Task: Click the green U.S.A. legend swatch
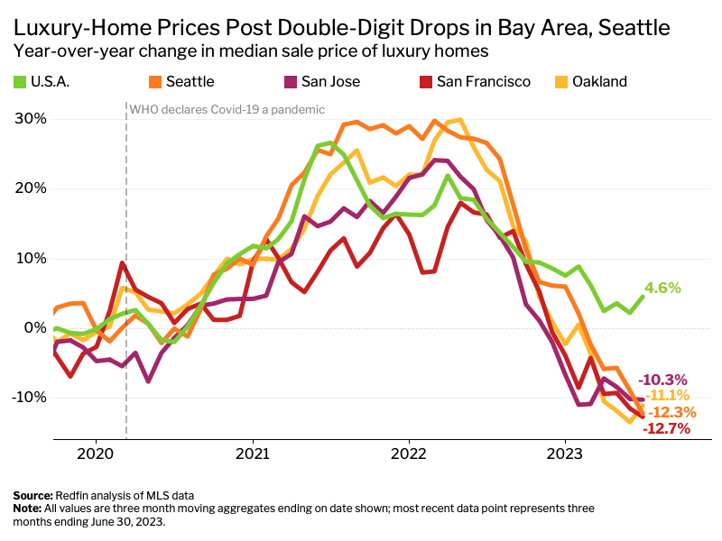(19, 82)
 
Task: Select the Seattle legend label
(190, 82)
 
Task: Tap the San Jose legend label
(330, 82)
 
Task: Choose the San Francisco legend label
(484, 82)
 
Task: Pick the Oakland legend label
(599, 82)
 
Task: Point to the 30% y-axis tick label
(31, 119)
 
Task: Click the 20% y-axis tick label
(31, 188)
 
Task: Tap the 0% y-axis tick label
(35, 328)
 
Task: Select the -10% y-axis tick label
(29, 397)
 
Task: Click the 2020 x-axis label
(96, 454)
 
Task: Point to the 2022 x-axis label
(409, 454)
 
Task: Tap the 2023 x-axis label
(565, 454)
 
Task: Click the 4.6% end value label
(662, 288)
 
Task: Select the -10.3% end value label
(662, 380)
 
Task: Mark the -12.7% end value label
(666, 429)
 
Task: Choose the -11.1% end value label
(667, 395)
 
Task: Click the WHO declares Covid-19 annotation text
(227, 110)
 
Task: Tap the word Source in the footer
(32, 496)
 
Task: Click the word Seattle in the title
(634, 28)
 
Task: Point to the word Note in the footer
(27, 509)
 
